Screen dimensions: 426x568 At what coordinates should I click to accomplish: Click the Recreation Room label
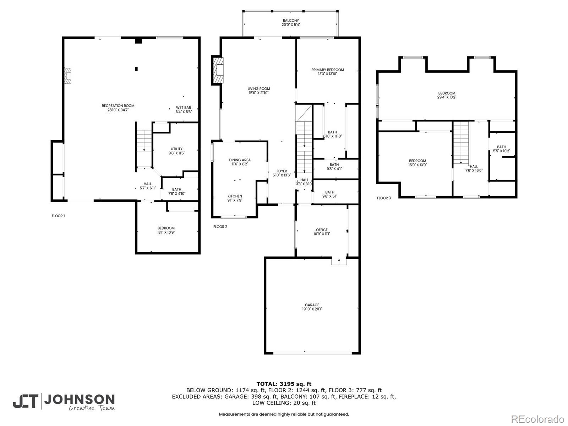coord(118,106)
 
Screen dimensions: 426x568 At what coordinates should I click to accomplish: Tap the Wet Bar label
coord(183,108)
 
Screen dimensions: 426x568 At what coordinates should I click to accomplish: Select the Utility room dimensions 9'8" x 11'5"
coord(176,153)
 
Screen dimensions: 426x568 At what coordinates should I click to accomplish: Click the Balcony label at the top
coord(290,21)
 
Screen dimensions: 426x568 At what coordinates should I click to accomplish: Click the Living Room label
coord(258,89)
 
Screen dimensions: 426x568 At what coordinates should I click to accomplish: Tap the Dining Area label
coord(240,160)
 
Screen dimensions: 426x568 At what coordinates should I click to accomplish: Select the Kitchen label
coord(235,196)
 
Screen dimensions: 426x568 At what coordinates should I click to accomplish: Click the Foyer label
coord(282,171)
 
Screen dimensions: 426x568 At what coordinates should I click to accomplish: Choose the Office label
coord(322,230)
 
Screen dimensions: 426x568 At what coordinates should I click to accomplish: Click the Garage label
coord(312,305)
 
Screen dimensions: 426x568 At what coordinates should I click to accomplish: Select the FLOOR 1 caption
coord(58,216)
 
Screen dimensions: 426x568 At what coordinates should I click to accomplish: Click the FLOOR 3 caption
coord(384,198)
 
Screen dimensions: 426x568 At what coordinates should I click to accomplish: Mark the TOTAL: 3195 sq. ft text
coord(284,384)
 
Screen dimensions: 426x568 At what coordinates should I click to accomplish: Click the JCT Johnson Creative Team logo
coord(64,402)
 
